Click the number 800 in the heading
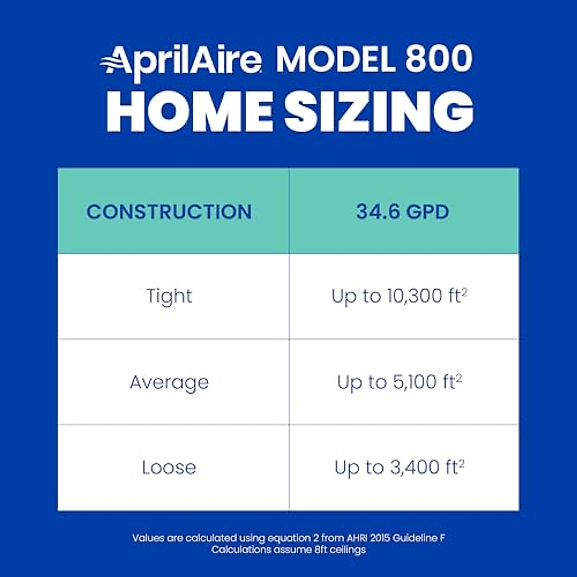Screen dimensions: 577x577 pyautogui.click(x=439, y=60)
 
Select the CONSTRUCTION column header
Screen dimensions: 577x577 pyautogui.click(x=169, y=212)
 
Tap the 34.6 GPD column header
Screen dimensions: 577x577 pyautogui.click(x=403, y=212)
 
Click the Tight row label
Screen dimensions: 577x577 pyautogui.click(x=169, y=296)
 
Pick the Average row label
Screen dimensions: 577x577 pyautogui.click(x=169, y=383)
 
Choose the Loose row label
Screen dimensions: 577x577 pyautogui.click(x=169, y=468)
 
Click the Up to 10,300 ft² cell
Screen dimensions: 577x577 pyautogui.click(x=399, y=296)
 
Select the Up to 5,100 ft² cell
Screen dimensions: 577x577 pyautogui.click(x=399, y=383)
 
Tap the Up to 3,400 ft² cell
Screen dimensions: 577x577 pyautogui.click(x=399, y=468)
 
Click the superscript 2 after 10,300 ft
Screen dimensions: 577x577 pyautogui.click(x=464, y=290)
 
